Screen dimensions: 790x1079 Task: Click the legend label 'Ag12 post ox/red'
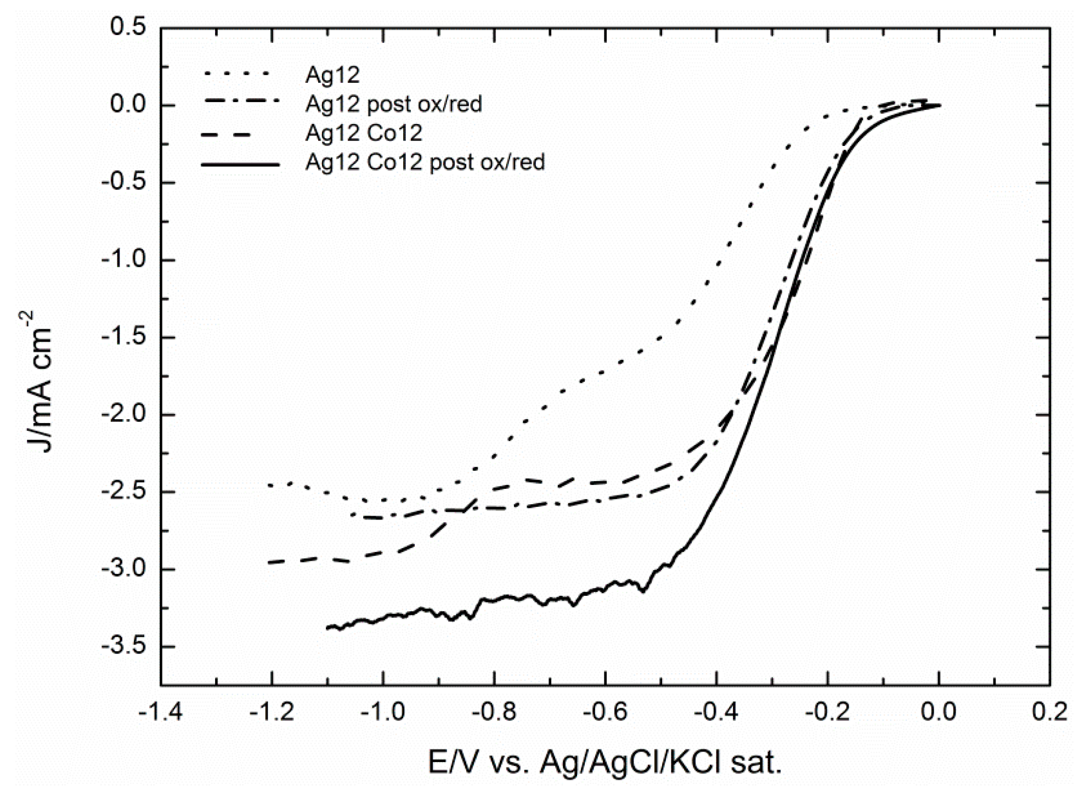point(393,104)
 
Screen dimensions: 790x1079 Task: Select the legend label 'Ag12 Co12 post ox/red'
point(425,162)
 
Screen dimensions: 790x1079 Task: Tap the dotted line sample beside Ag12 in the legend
point(237,73)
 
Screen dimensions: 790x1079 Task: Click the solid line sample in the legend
point(240,163)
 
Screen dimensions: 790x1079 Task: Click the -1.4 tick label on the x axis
point(161,712)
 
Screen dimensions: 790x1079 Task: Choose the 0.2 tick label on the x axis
point(1049,712)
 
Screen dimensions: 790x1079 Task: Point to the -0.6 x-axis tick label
point(605,712)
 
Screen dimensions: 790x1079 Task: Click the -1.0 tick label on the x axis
point(383,712)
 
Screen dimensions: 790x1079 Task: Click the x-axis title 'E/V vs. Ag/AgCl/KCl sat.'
point(605,762)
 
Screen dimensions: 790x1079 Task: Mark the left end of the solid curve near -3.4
point(327,627)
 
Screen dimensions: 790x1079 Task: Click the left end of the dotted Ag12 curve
point(269,485)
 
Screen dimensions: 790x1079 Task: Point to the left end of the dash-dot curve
point(350,515)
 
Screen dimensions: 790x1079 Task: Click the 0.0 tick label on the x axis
point(939,712)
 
